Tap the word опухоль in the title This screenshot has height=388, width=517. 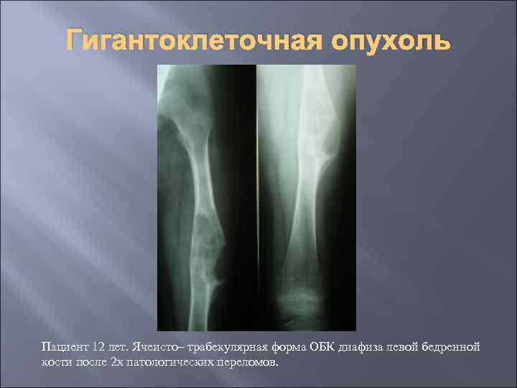pyautogui.click(x=391, y=42)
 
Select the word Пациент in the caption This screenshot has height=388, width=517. pyautogui.click(x=61, y=347)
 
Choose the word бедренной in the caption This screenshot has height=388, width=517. pyautogui.click(x=452, y=347)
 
